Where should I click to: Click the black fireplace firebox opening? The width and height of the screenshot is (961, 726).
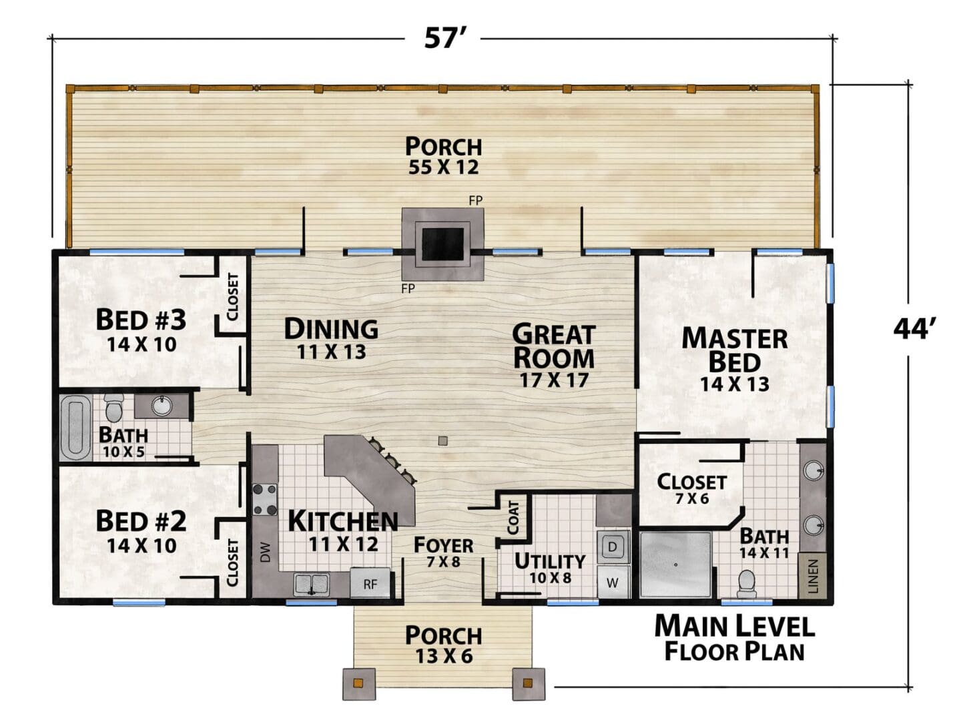[x=442, y=244]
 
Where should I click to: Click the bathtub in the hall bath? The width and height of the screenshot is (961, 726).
[x=75, y=428]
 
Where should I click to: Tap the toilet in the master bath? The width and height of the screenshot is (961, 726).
[x=746, y=583]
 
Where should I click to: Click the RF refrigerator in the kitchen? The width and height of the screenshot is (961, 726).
[x=370, y=583]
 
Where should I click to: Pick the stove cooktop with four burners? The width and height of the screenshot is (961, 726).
[x=265, y=499]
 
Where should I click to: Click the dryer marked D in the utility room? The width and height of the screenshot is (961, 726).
[x=613, y=546]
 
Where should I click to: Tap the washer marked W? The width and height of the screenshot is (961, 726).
[x=613, y=582]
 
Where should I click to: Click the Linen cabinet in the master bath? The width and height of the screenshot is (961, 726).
[x=813, y=575]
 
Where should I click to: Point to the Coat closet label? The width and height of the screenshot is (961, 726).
[x=513, y=518]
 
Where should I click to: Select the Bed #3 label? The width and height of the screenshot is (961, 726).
[x=141, y=330]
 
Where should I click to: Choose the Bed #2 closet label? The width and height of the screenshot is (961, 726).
[x=232, y=563]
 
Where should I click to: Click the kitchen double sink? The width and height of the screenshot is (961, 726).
[x=311, y=583]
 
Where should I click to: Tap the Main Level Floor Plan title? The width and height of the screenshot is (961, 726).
[x=734, y=638]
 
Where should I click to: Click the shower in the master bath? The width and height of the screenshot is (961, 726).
[x=675, y=565]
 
